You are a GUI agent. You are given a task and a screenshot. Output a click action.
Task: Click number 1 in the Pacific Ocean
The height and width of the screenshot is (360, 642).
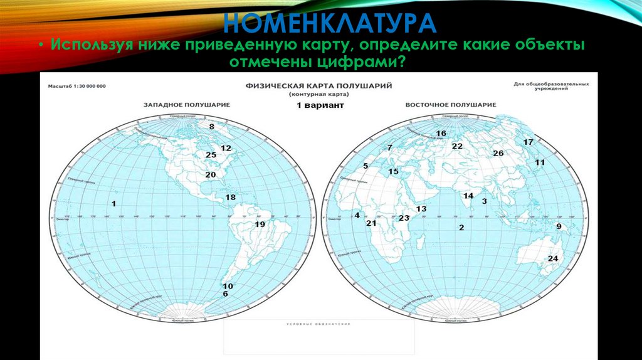pos(114,203)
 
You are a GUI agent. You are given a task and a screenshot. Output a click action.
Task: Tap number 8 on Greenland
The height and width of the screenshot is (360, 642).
pos(212,127)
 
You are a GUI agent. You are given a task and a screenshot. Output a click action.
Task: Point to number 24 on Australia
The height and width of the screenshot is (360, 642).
pos(553,258)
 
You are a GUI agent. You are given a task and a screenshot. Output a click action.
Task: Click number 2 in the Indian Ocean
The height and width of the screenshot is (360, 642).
pos(461,228)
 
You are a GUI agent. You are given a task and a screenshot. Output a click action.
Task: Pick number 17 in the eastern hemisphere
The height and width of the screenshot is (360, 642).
pos(528,142)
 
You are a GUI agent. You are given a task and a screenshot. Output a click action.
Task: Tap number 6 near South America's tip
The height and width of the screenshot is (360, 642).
pos(224,294)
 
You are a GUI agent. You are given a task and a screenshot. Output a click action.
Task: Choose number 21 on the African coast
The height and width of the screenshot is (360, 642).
pos(371,223)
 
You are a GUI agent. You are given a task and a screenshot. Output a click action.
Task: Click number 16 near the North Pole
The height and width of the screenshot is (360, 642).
pos(441,133)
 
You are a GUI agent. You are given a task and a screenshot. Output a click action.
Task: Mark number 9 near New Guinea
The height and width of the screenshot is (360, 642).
pos(558,227)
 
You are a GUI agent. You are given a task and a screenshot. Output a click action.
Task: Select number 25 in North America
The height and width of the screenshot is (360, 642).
pos(211,155)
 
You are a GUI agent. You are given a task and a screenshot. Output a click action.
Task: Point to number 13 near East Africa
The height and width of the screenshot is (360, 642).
pos(421,208)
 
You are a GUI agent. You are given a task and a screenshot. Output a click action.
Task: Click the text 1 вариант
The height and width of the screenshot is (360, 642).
pos(320,106)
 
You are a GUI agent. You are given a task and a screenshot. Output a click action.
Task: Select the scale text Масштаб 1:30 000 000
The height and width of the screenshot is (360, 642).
pos(73,85)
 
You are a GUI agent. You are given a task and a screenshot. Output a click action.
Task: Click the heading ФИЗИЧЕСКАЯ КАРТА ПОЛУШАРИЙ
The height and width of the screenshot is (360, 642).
pos(320,85)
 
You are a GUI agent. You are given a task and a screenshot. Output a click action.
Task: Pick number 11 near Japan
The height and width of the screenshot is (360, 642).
pos(540,162)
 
